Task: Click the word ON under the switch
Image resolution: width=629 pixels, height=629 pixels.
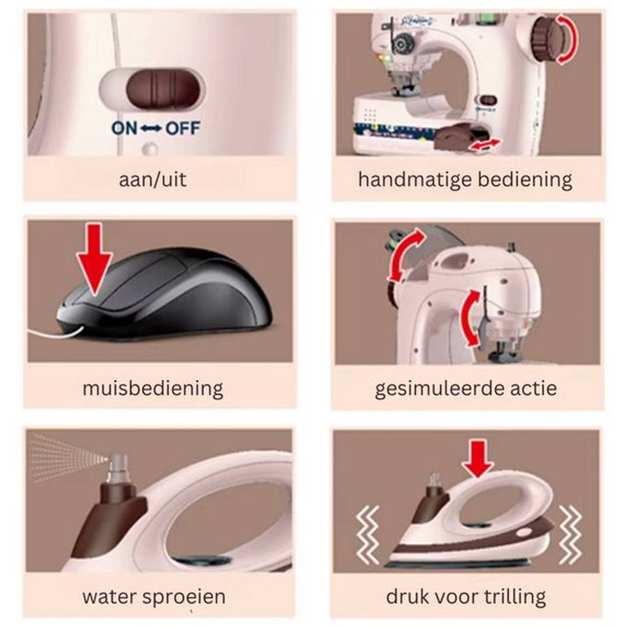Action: tap(124, 128)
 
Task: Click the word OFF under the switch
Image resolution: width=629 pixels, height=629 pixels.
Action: tap(183, 128)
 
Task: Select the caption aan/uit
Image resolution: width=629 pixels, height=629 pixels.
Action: tap(152, 179)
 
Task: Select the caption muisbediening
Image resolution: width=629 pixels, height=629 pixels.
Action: tap(152, 389)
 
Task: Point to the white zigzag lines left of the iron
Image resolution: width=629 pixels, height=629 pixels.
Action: tap(368, 534)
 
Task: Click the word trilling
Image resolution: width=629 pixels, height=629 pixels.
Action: tap(515, 597)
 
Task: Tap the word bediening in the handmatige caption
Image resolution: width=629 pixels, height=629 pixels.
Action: tap(525, 179)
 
